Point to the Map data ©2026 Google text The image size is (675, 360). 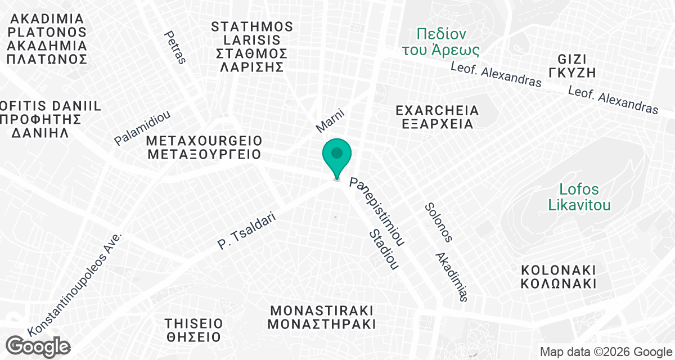pos(605,352)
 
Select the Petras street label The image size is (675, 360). pos(174,47)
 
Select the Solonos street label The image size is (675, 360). pos(438,222)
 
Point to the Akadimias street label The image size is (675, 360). pos(452,276)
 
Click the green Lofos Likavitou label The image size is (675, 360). pos(579,197)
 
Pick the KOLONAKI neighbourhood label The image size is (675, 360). pos(558,276)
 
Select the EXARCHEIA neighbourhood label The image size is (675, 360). pos(437,117)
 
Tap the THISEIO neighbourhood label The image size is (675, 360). pos(193,330)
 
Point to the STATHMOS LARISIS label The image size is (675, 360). pos(253,47)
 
